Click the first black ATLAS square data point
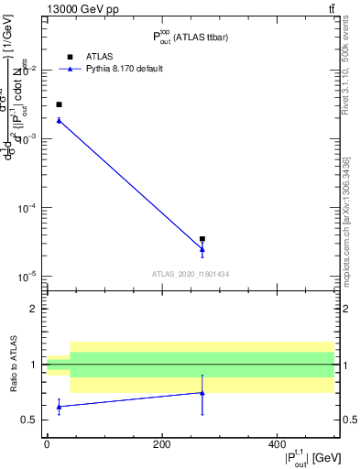59,104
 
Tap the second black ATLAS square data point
202,239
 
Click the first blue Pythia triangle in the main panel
59,120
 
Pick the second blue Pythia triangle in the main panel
202,249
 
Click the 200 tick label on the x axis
161,444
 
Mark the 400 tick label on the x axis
277,444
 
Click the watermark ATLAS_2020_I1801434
191,274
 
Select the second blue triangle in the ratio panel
202,393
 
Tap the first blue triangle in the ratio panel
59,406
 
